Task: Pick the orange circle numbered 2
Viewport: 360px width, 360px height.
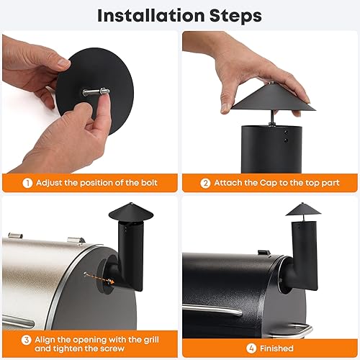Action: click(204, 182)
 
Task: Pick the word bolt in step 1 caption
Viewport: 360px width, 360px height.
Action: click(145, 182)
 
